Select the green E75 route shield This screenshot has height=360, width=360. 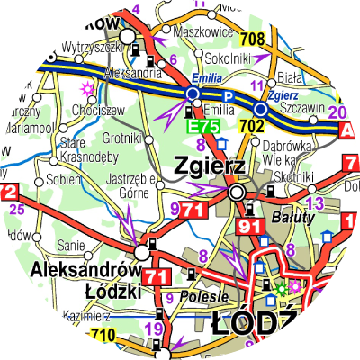(x=202, y=128)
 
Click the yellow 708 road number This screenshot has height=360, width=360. (x=253, y=39)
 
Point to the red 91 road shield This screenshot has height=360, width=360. (x=249, y=227)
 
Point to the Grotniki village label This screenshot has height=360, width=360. (x=118, y=139)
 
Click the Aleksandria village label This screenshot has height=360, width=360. (x=130, y=72)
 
